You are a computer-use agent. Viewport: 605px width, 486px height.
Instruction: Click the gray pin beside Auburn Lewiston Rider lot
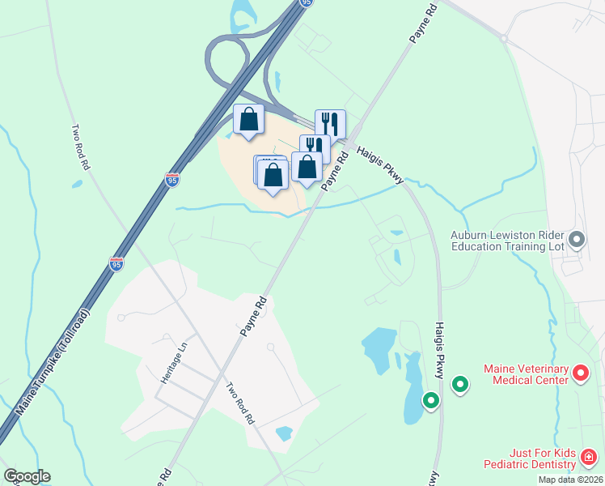576,239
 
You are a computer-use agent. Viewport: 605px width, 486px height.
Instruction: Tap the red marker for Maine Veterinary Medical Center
580,373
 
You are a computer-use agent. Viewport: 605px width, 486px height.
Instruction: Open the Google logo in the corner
27,476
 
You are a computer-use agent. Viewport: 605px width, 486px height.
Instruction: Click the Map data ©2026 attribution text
570,480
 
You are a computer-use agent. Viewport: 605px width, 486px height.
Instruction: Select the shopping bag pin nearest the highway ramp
249,120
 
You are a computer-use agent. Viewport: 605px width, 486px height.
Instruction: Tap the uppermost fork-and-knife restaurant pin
330,124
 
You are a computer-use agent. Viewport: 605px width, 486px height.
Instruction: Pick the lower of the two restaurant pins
315,149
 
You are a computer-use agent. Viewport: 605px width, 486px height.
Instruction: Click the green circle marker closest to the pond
431,399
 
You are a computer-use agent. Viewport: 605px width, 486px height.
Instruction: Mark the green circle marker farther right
460,385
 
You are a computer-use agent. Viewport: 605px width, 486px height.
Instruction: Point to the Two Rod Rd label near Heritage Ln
241,404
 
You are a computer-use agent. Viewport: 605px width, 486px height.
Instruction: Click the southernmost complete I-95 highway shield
116,263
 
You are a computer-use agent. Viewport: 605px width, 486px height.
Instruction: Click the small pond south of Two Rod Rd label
284,433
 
